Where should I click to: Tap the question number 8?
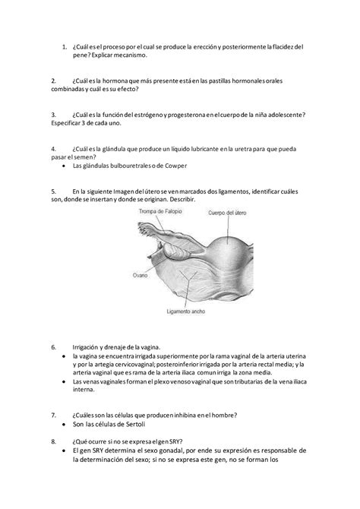[53, 440]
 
